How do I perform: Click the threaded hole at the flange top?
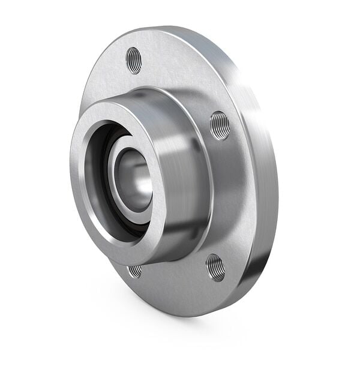[x=134, y=60]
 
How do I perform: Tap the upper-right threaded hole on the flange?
[x=220, y=125]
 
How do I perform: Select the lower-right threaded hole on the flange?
[x=215, y=267]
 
